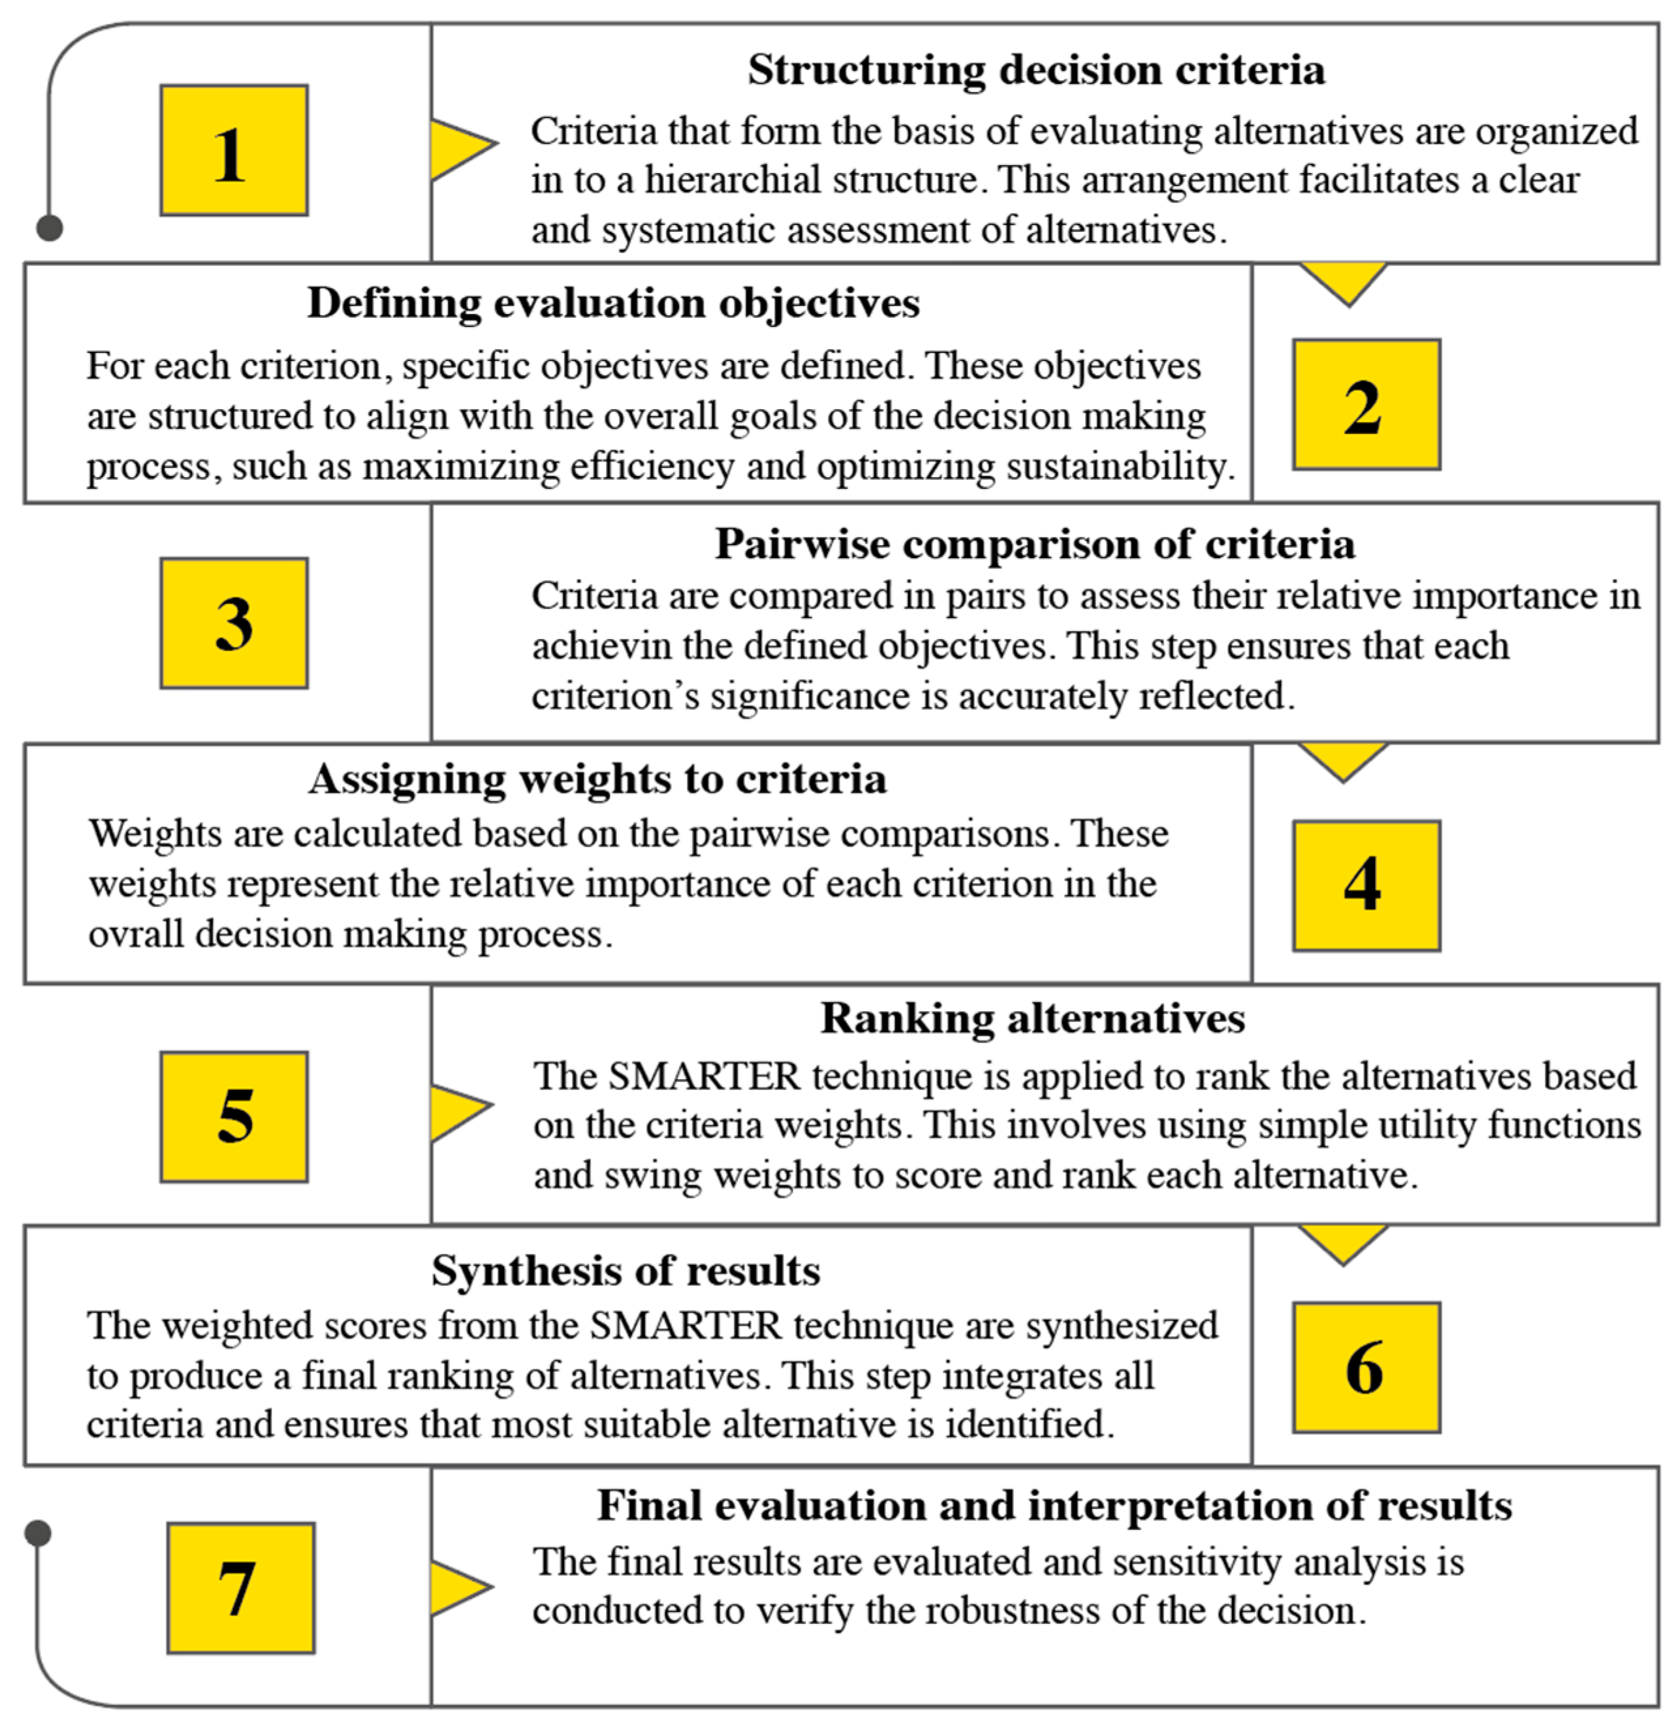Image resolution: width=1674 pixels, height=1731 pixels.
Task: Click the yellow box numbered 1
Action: (x=234, y=150)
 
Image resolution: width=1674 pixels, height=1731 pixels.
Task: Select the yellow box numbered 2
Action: (x=1366, y=405)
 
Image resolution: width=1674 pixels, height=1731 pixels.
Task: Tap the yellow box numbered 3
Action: (x=234, y=623)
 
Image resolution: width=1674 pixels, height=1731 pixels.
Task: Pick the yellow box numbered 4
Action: (x=1366, y=885)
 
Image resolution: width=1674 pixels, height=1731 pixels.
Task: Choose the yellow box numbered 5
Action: (x=234, y=1116)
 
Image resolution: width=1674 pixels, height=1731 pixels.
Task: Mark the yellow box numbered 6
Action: (x=1366, y=1367)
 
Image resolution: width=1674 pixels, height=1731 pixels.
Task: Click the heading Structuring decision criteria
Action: (x=1036, y=70)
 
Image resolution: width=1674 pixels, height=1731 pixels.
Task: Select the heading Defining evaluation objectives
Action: (x=613, y=303)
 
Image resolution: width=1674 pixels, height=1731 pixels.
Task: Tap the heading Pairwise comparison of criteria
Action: (x=1034, y=543)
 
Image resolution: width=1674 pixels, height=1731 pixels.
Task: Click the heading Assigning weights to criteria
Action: (x=597, y=779)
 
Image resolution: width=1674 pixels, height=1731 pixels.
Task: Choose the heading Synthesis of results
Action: (x=625, y=1271)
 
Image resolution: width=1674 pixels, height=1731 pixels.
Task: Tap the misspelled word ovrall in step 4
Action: (x=137, y=935)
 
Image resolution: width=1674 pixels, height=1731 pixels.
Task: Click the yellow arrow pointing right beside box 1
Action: (x=460, y=146)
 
